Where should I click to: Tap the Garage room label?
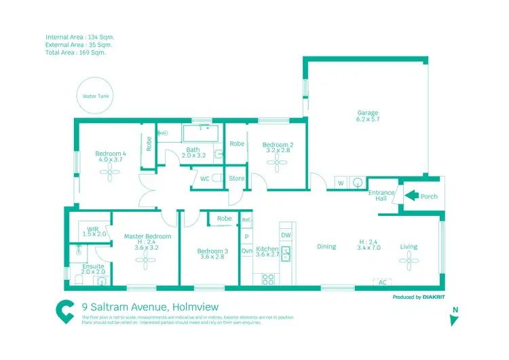point(367,116)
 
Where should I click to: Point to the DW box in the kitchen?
point(286,234)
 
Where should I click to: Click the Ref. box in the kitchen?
point(246,220)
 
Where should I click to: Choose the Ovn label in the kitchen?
point(246,251)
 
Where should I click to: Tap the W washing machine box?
point(341,183)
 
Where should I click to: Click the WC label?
point(204,179)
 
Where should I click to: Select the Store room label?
point(236,179)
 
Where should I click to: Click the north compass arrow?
point(455,319)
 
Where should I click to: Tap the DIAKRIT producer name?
point(428,297)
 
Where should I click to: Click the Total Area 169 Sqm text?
point(75,52)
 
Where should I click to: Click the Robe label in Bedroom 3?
point(225,219)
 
